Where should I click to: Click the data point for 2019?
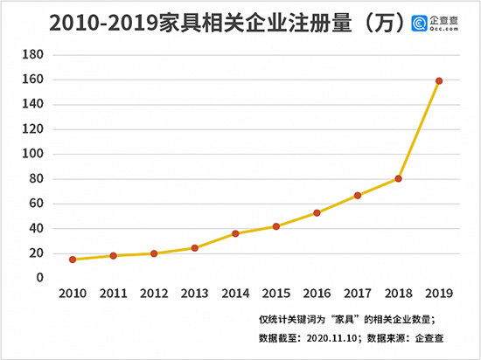[439, 81]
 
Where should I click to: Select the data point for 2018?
[398, 178]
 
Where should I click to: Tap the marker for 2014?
[235, 233]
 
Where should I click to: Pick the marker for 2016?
[317, 212]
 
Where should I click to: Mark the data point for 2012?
[153, 253]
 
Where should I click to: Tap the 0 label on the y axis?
[39, 278]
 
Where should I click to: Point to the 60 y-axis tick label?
[35, 204]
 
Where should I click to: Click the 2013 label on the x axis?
[194, 295]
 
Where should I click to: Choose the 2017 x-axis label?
[358, 295]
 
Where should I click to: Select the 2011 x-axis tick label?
[113, 295]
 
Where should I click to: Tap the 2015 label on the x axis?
[275, 295]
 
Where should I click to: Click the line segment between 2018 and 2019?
[419, 129]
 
